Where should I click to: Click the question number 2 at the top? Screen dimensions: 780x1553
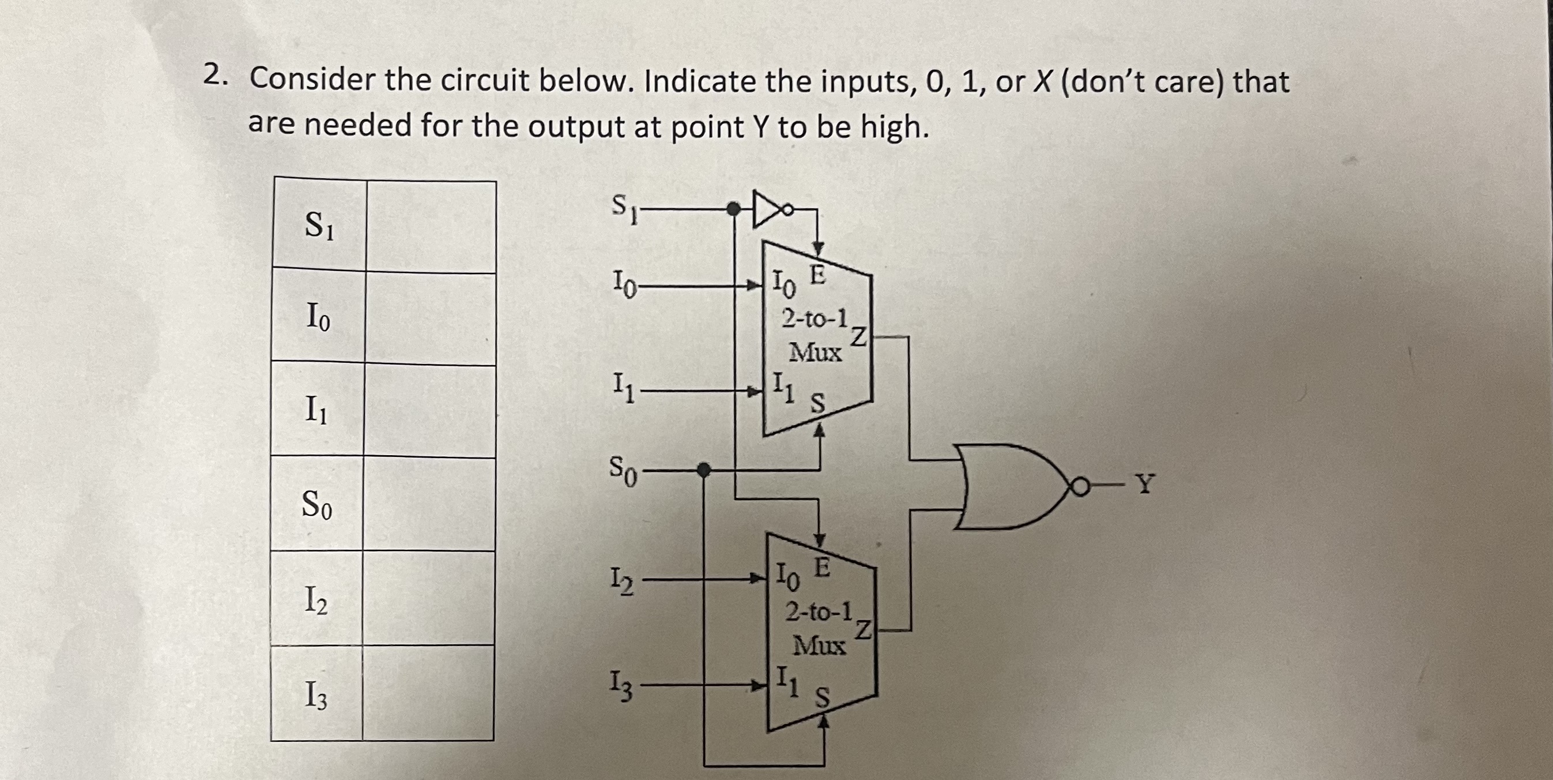212,76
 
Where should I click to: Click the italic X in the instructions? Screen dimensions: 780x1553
1042,81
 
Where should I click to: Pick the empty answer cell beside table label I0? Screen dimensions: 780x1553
431,318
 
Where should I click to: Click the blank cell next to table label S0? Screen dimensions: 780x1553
429,504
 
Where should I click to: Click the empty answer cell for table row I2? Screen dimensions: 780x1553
429,598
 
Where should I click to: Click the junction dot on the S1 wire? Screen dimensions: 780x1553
733,209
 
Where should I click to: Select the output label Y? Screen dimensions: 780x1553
1145,484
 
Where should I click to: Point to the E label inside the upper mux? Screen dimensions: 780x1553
817,275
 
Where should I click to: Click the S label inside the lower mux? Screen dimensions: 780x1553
822,698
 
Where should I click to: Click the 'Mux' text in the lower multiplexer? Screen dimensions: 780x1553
819,646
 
